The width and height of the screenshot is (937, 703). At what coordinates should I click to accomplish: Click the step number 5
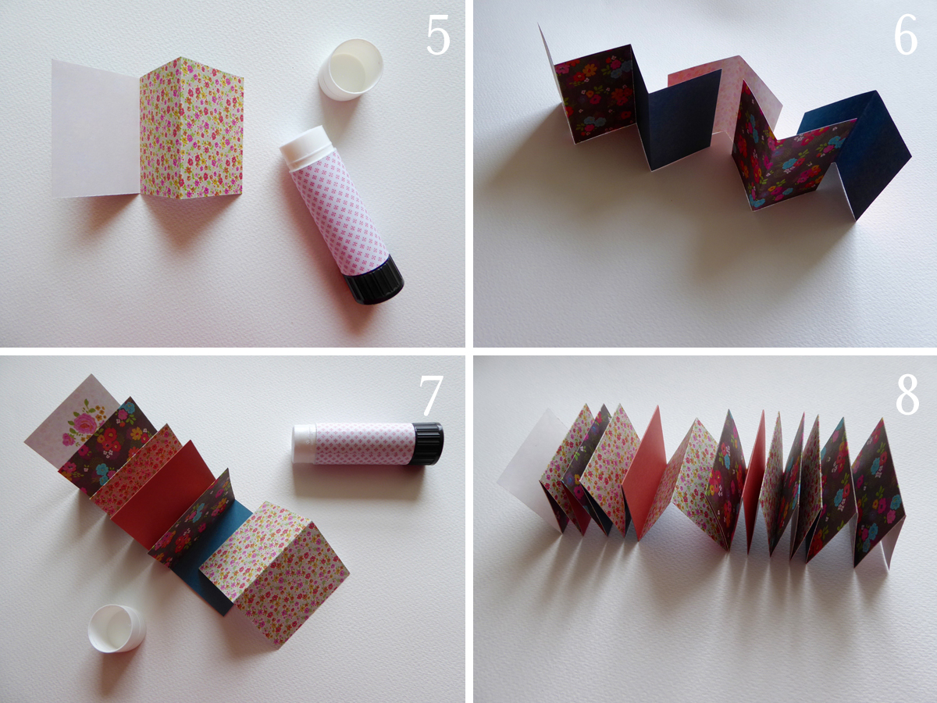[x=438, y=35]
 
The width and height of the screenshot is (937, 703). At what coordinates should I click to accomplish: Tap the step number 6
[x=906, y=35]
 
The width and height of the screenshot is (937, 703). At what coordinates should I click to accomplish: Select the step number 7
[x=431, y=396]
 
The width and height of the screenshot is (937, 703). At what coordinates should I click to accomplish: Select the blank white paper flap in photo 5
[x=97, y=129]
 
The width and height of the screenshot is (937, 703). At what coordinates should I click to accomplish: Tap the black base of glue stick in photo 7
[x=427, y=444]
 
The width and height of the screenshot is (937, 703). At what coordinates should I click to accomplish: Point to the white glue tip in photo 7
[x=304, y=444]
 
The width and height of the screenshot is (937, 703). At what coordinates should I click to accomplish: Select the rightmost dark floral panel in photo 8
[x=877, y=491]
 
